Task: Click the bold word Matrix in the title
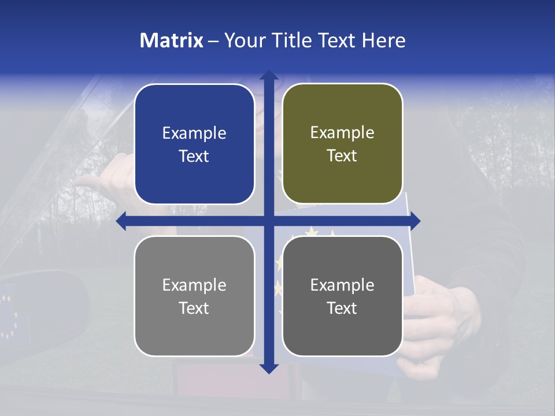pos(172,40)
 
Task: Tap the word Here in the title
pos(383,40)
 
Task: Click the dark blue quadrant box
pos(194,144)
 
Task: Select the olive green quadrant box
pos(342,144)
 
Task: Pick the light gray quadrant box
pos(194,296)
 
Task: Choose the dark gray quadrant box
pos(342,296)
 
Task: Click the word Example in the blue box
pos(194,133)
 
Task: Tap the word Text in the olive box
pos(342,156)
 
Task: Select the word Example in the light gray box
pos(194,285)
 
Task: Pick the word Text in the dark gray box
pos(342,308)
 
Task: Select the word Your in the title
pos(243,40)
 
